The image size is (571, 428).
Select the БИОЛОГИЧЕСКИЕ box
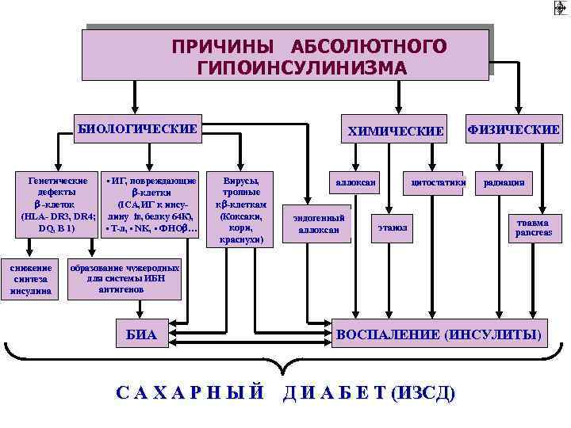[136, 128]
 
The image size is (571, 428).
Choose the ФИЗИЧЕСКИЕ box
[513, 129]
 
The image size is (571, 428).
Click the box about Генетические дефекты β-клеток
[58, 204]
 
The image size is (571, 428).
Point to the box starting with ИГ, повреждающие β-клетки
[151, 204]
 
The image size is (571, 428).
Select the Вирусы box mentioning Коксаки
[236, 208]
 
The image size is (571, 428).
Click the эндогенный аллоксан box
[319, 224]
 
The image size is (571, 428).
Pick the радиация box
[504, 183]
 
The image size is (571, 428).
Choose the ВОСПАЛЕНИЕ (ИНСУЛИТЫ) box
[440, 335]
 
